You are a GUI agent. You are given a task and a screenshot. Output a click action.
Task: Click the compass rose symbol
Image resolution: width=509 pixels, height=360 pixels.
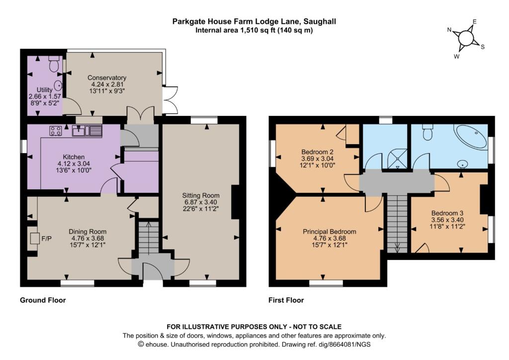pyautogui.click(x=466, y=38)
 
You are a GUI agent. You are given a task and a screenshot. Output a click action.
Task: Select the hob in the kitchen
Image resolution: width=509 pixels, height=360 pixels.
pyautogui.click(x=55, y=131)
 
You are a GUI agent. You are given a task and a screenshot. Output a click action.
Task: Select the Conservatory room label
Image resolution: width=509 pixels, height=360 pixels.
pyautogui.click(x=107, y=78)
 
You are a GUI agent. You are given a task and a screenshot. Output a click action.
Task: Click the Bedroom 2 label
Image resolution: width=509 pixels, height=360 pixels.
pyautogui.click(x=317, y=152)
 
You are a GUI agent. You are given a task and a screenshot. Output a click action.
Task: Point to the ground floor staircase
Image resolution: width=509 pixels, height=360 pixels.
pyautogui.click(x=148, y=238)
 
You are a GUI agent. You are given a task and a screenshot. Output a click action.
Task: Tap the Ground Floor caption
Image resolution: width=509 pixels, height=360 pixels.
pyautogui.click(x=43, y=300)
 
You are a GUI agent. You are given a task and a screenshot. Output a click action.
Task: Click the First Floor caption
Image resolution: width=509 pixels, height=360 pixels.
pyautogui.click(x=286, y=300)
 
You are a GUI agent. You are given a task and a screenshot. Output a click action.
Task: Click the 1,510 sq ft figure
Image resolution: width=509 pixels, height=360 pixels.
pyautogui.click(x=247, y=30)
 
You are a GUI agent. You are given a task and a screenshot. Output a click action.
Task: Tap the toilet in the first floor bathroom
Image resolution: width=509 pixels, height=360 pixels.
pyautogui.click(x=427, y=132)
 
